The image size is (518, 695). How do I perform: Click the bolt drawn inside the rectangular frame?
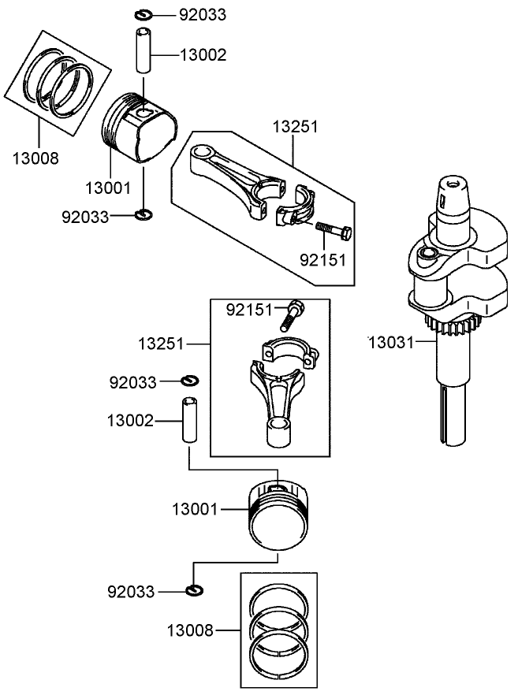click(291, 315)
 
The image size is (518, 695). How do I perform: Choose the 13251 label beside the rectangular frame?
click(160, 344)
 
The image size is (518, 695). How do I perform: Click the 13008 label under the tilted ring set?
click(35, 158)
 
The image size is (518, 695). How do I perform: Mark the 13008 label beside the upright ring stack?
click(189, 630)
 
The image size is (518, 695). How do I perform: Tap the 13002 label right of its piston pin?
click(203, 54)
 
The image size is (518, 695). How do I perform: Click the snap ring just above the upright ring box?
click(195, 590)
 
